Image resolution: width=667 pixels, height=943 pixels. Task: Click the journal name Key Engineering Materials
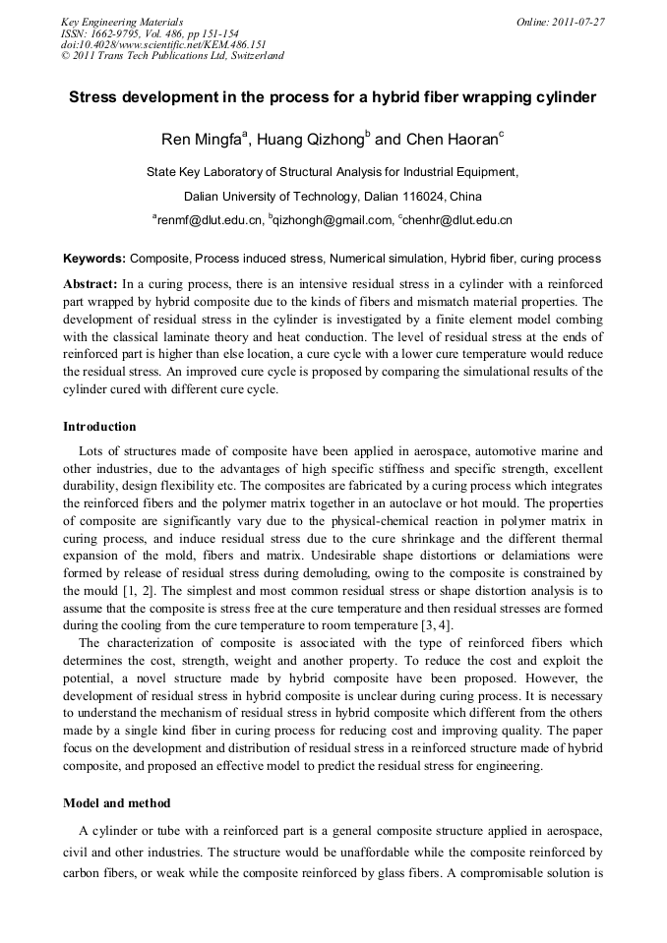[122, 21]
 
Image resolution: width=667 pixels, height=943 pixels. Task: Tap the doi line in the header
[163, 44]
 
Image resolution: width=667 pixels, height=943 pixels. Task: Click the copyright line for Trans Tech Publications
[172, 56]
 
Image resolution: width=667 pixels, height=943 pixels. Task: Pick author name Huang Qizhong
[308, 140]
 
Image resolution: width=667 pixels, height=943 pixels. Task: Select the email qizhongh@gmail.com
[332, 220]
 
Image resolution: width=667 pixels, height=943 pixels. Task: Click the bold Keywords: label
[94, 259]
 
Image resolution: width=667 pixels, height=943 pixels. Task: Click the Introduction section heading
[99, 427]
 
